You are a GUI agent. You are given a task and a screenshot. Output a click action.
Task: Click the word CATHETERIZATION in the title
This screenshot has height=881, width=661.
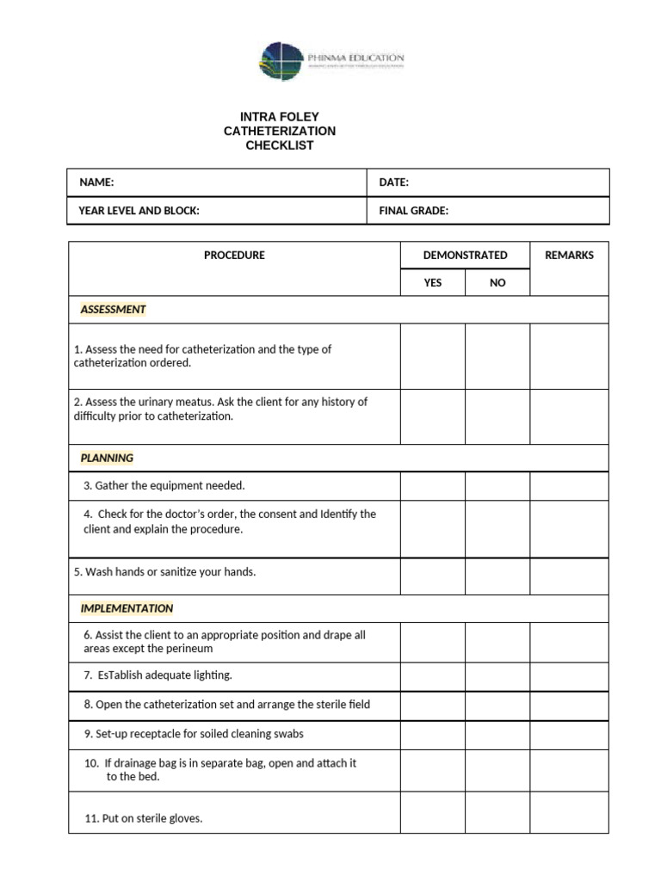pos(279,131)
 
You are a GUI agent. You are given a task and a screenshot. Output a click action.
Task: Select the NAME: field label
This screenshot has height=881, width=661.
pos(96,182)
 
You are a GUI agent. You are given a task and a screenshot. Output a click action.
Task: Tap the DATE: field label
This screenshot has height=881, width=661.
pos(393,182)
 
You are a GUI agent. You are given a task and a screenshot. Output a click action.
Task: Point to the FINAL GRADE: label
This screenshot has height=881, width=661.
pos(413,211)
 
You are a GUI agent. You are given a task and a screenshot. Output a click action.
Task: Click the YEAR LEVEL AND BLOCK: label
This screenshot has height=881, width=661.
pos(139,211)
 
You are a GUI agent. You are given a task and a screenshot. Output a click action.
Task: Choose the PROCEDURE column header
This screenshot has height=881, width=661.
pos(234,256)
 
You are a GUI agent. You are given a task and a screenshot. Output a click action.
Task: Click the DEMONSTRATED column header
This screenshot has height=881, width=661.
pos(465,256)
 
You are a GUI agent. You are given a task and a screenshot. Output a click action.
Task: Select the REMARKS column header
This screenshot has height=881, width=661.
pos(569,256)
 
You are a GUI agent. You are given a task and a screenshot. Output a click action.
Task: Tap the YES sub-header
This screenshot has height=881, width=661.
pos(433,282)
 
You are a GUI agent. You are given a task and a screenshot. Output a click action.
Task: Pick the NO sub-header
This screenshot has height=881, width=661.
pos(497,282)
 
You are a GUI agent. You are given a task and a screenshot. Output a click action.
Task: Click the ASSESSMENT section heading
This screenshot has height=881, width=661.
pos(113,310)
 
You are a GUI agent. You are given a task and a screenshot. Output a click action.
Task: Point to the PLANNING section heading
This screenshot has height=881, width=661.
pos(107,458)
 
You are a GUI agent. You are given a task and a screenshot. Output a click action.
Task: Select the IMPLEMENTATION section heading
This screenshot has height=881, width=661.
pos(127,608)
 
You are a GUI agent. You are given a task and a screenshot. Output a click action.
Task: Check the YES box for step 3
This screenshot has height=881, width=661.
pos(433,486)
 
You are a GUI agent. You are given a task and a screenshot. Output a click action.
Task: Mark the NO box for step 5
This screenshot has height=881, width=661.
pos(497,576)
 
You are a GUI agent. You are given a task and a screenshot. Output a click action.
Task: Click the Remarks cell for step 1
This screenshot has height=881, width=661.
pos(569,356)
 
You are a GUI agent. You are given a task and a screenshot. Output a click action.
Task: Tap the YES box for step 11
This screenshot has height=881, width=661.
pos(433,813)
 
